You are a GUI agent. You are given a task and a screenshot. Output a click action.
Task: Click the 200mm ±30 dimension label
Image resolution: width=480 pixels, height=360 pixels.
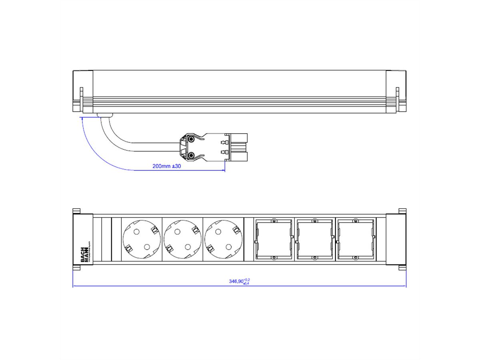(167, 166)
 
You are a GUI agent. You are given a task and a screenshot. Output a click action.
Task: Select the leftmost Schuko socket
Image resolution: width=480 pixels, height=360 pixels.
(142, 240)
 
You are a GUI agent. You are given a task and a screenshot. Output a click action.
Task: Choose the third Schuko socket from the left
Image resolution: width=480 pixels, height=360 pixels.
(224, 240)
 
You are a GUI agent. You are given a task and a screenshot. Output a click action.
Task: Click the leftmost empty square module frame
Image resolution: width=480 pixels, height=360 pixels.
(274, 239)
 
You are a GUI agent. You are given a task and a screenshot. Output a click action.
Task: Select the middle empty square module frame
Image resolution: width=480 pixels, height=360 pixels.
(314, 239)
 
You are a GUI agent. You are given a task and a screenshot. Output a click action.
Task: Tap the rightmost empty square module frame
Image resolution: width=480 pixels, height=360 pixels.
(355, 239)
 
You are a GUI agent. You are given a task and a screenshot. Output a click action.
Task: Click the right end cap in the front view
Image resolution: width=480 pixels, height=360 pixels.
(396, 239)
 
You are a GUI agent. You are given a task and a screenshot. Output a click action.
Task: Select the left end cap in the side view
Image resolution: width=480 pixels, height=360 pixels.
(82, 91)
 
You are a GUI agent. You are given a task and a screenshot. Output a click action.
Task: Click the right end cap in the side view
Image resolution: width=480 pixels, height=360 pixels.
(396, 91)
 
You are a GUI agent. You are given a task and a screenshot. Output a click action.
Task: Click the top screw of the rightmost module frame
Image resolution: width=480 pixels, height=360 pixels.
(355, 220)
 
